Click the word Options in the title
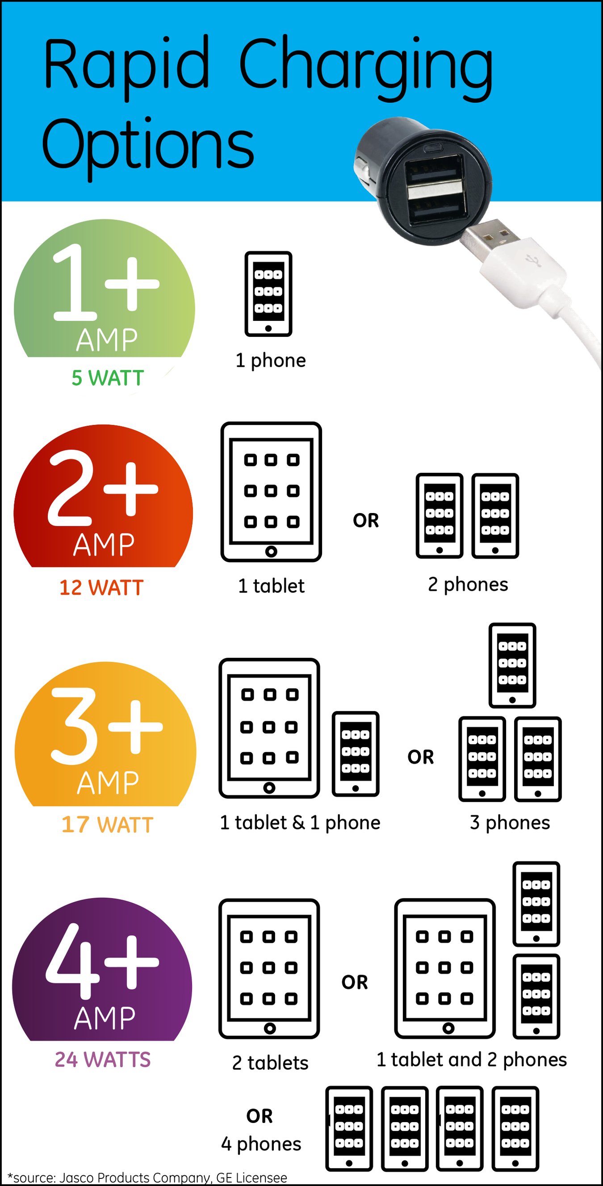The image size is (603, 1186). [x=148, y=145]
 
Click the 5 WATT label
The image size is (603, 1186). [x=108, y=378]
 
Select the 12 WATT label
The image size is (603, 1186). [x=101, y=588]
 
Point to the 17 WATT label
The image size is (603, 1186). [x=107, y=824]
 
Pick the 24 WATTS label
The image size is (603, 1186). [x=103, y=1060]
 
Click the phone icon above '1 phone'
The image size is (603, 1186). [x=268, y=294]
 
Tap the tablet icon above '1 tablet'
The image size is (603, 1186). [x=271, y=491]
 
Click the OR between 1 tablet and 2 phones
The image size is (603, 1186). [x=366, y=520]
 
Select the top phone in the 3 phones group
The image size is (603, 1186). [x=512, y=665]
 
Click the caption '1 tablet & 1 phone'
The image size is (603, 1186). [x=300, y=822]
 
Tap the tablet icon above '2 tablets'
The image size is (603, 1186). [x=269, y=969]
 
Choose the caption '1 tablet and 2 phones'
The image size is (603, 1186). [x=471, y=1060]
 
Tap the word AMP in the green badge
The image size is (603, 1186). [x=107, y=340]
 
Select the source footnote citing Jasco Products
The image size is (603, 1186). [x=147, y=1177]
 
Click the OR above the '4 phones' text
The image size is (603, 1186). [x=260, y=1115]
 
